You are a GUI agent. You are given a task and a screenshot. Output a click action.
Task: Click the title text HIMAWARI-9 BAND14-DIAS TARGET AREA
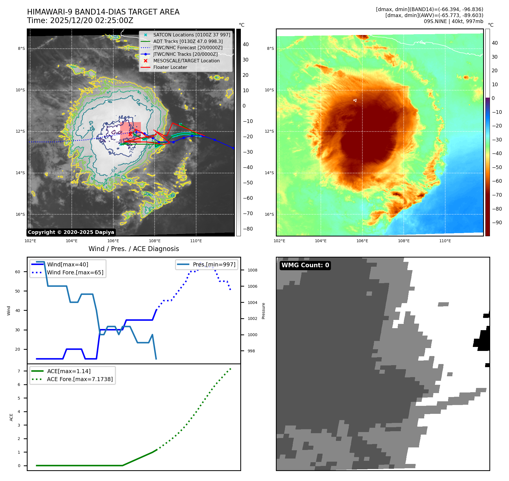pos(103,12)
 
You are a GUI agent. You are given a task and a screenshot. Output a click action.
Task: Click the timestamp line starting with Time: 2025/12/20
pos(80,20)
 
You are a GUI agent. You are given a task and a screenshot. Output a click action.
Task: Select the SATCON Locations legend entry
pos(192,35)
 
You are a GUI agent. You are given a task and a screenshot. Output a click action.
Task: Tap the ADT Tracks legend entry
pos(188,41)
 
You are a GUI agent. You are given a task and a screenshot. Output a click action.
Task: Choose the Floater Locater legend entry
pos(170,67)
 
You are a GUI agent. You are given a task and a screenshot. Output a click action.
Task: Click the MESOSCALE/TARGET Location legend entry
pos(186,61)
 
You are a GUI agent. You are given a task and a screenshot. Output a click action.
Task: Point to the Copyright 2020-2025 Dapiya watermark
pos(71,232)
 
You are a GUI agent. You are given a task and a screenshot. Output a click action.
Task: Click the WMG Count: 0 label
pos(305,265)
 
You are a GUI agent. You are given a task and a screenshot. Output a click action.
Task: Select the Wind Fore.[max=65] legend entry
pos(75,272)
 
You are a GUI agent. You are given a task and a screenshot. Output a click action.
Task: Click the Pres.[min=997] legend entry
pos(214,264)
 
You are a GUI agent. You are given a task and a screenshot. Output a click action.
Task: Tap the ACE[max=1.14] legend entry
pos(69,371)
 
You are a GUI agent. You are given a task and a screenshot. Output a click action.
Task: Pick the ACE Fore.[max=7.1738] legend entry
pos(80,379)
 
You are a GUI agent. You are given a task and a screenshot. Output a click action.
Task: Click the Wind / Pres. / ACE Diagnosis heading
pos(134,249)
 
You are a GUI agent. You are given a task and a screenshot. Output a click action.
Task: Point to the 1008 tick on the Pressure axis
pos(252,270)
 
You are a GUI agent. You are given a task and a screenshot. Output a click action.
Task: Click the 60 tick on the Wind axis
pos(18,272)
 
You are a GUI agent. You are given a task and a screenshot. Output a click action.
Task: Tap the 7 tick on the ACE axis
pos(19,371)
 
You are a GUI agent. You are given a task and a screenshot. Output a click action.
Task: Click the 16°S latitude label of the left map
pos(20,214)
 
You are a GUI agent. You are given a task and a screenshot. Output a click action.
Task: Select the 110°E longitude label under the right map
pos(445,241)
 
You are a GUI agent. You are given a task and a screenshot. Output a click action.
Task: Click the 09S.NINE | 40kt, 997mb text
pos(453,21)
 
